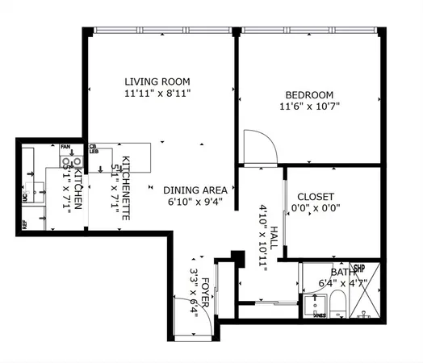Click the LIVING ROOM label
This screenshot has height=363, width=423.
157,81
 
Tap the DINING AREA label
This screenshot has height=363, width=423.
195,190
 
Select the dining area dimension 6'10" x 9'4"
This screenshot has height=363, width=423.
195,202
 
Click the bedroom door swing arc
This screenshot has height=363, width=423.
262,141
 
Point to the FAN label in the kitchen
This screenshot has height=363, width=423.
65,146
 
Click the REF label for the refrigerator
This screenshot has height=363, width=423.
25,227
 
